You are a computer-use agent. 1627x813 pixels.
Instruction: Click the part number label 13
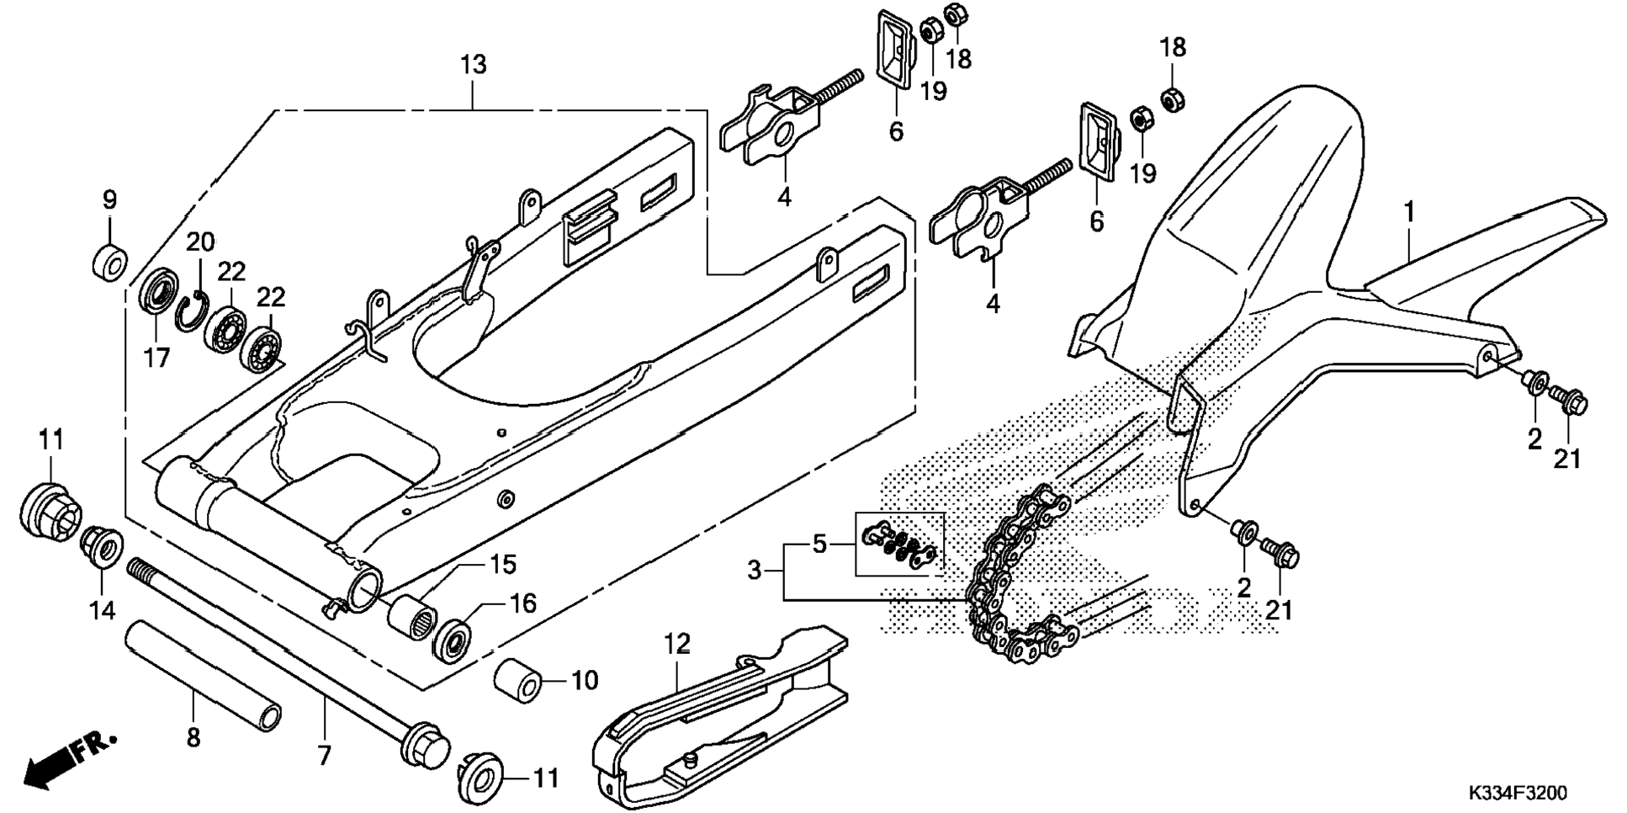pyautogui.click(x=474, y=65)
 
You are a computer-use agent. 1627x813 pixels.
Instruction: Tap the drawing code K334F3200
pyautogui.click(x=1518, y=794)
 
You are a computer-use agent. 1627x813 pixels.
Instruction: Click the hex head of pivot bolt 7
pyautogui.click(x=425, y=747)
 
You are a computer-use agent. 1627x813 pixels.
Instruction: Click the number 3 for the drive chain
pyautogui.click(x=755, y=571)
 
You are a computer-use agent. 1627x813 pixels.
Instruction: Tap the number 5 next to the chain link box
pyautogui.click(x=820, y=545)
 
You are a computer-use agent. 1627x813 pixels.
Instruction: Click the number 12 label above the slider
pyautogui.click(x=677, y=645)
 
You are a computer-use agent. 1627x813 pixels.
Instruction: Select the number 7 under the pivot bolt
pyautogui.click(x=325, y=755)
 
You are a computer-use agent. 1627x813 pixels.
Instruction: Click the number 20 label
pyautogui.click(x=200, y=242)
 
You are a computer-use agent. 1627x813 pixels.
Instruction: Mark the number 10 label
pyautogui.click(x=585, y=680)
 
